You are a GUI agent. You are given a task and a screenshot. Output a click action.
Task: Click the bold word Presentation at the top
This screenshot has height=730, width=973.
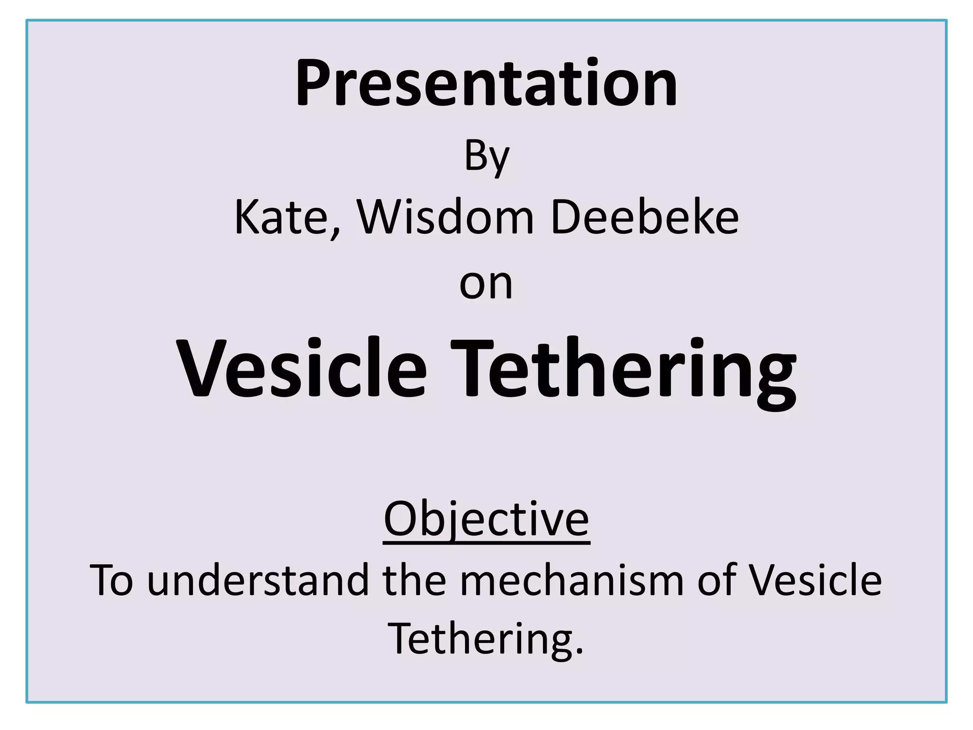486,83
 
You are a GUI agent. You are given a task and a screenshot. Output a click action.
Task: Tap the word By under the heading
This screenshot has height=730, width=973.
486,157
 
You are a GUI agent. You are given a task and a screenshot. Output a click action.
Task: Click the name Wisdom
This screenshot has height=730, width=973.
446,218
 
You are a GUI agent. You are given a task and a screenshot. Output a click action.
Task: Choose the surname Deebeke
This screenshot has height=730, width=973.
645,218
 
